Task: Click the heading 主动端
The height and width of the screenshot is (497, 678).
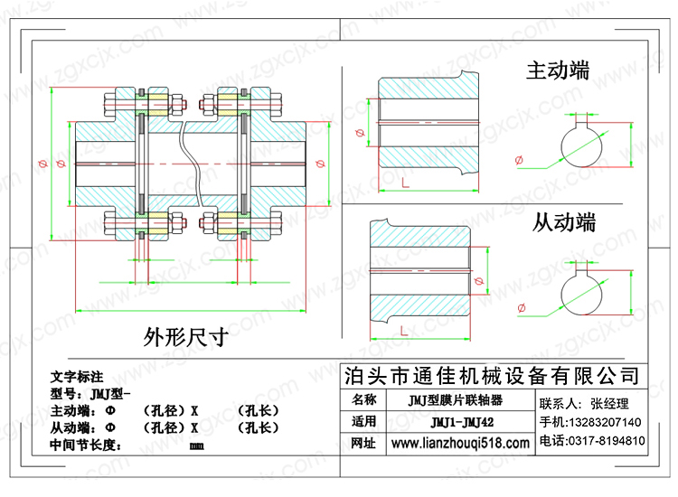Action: click(558, 70)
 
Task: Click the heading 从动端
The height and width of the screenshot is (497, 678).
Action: click(564, 222)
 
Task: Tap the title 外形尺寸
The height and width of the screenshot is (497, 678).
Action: click(186, 337)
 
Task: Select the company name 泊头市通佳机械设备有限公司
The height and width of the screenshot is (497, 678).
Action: click(492, 376)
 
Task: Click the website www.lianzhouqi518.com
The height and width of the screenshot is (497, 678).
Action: click(460, 443)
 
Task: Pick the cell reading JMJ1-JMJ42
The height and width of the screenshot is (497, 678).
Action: click(462, 422)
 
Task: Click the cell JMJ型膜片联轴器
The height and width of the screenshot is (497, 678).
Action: click(456, 400)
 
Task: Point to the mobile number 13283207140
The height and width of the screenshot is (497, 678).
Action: click(604, 422)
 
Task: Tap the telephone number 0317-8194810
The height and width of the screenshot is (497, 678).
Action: click(607, 441)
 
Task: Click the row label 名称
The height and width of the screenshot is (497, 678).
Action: click(363, 399)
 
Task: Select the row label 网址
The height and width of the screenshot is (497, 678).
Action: click(363, 443)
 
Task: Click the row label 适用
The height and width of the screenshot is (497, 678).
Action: click(363, 421)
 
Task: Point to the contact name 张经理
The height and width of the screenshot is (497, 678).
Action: click(609, 404)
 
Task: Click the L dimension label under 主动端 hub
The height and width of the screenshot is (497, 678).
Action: click(405, 183)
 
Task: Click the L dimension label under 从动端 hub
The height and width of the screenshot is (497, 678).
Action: click(404, 331)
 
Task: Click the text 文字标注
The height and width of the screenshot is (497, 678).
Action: click(77, 377)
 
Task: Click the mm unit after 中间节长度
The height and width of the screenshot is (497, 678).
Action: click(197, 446)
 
